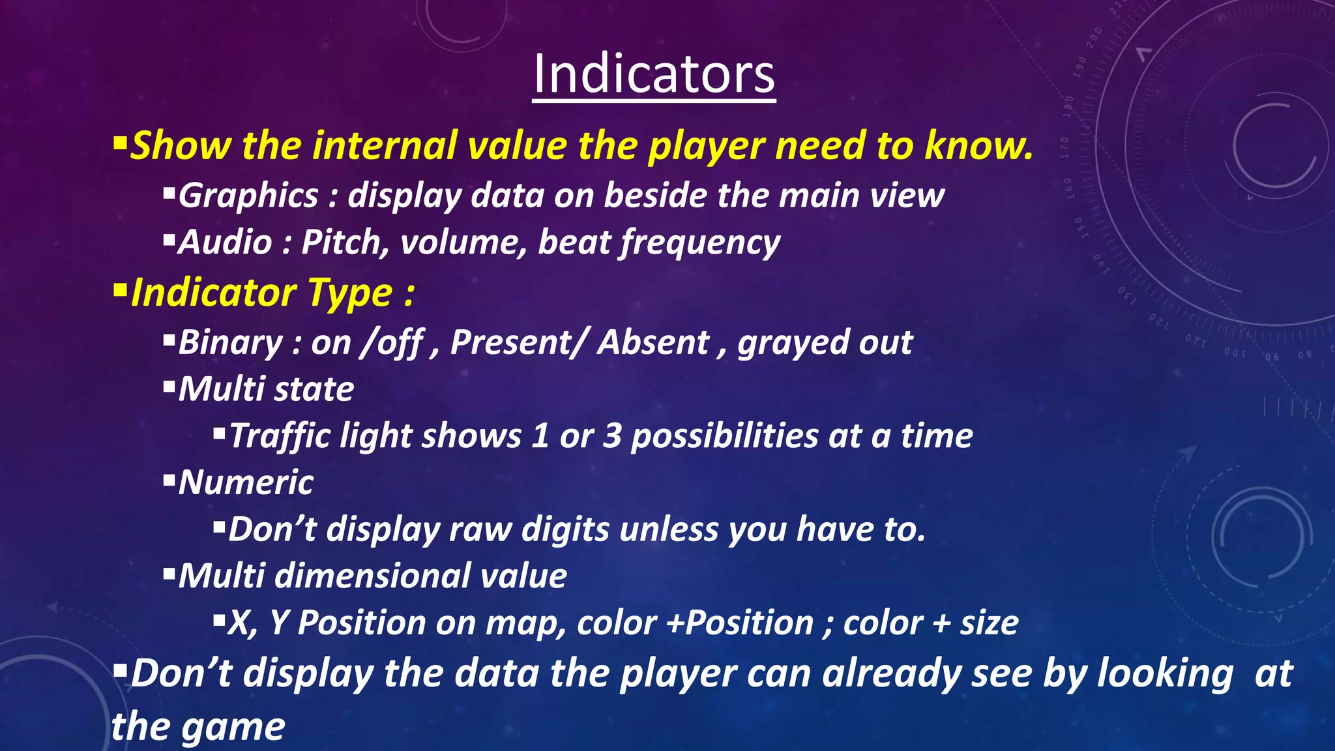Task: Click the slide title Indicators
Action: pyautogui.click(x=654, y=74)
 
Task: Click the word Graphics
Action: pyautogui.click(x=248, y=196)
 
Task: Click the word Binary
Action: pyautogui.click(x=230, y=342)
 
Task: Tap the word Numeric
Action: pyautogui.click(x=246, y=482)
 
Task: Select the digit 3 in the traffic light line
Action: pyautogui.click(x=611, y=435)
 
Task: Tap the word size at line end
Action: pyautogui.click(x=989, y=623)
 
